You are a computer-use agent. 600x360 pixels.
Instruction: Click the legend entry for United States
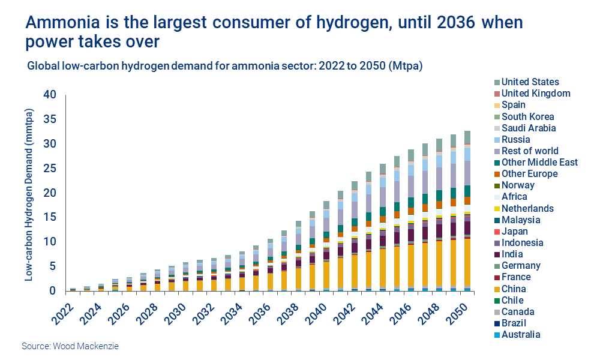(530, 82)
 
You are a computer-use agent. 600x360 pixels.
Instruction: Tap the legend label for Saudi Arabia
(529, 128)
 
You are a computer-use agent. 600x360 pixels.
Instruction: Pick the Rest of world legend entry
(530, 151)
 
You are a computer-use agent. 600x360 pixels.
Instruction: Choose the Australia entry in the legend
(521, 335)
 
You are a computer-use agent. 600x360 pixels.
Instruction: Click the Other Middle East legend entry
(539, 162)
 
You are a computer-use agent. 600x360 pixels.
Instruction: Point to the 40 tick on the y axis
(50, 95)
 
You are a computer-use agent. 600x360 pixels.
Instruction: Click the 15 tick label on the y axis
(50, 217)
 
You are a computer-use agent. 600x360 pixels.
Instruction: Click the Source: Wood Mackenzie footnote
(65, 347)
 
